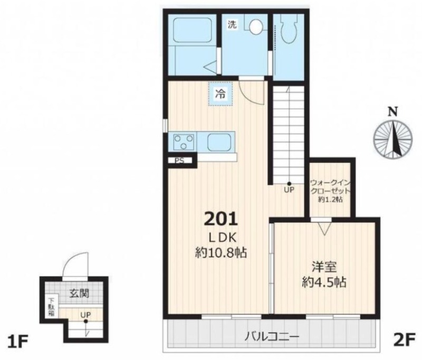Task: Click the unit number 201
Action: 221,219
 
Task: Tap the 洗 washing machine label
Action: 232,25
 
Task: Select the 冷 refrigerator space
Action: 220,93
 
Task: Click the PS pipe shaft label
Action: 179,160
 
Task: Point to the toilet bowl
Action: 289,29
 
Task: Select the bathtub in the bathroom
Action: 192,30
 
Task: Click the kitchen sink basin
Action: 219,141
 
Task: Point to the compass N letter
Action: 393,112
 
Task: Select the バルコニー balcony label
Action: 272,336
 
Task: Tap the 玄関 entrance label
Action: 79,293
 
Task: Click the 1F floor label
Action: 18,342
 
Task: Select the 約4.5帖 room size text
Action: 324,282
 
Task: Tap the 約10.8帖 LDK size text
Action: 220,253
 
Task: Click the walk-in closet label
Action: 330,191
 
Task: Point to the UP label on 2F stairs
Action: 289,190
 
